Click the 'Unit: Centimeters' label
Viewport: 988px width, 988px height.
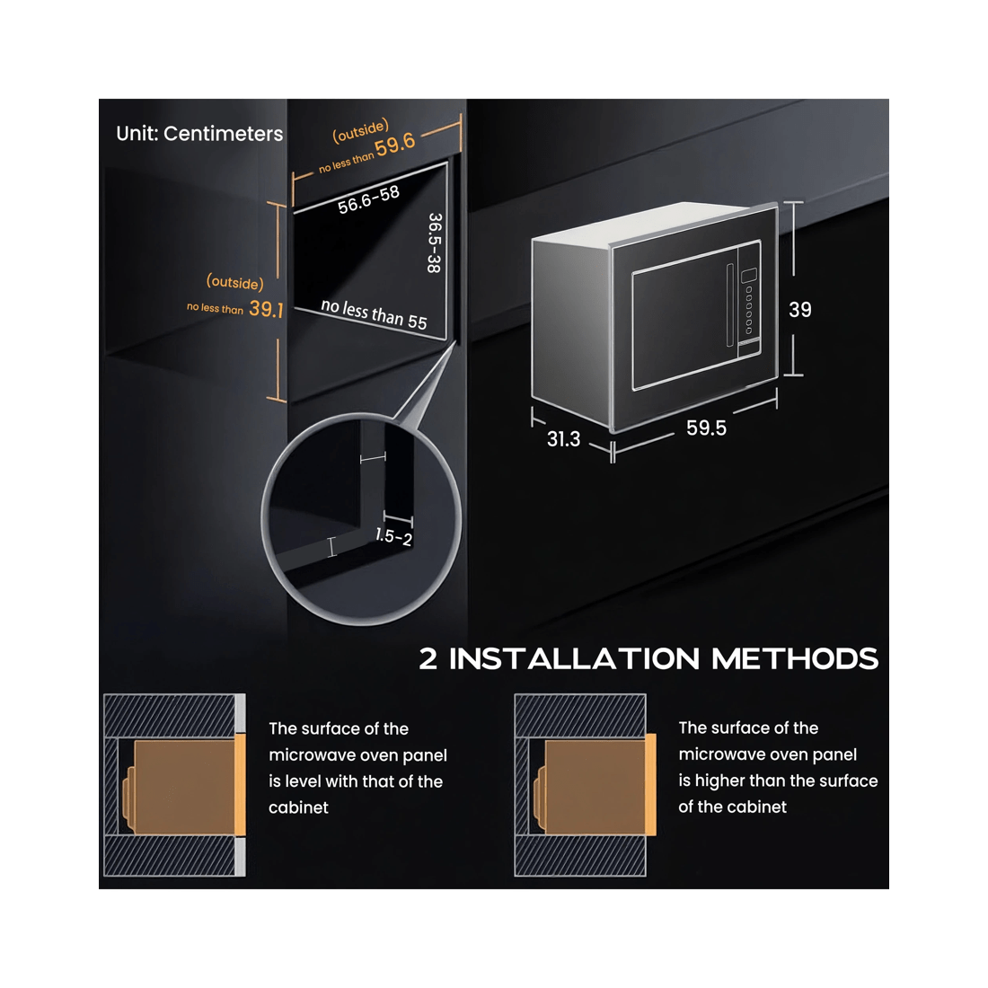[199, 134]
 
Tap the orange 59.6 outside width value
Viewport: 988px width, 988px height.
[395, 145]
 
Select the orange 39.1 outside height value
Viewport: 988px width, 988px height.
[266, 309]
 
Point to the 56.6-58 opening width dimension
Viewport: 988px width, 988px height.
[368, 199]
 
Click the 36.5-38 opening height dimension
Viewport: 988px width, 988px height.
[434, 243]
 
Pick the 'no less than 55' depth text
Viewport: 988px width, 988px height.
[375, 313]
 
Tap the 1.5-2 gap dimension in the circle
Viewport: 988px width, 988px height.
[393, 536]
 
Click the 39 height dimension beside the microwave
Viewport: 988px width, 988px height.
[800, 309]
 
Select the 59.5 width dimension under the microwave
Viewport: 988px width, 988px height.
[706, 428]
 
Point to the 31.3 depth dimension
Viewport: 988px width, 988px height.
[563, 438]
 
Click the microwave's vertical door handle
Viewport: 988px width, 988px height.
[730, 305]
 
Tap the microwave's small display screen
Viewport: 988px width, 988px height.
[749, 276]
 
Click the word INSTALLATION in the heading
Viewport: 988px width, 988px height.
[574, 659]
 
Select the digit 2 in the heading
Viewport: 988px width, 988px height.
[428, 659]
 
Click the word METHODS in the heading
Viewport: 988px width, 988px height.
[795, 659]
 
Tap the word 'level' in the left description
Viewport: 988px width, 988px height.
[304, 781]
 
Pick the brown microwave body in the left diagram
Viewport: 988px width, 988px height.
[184, 787]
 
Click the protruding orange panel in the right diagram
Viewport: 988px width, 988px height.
[650, 784]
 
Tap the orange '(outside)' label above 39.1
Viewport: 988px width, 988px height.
[235, 282]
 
